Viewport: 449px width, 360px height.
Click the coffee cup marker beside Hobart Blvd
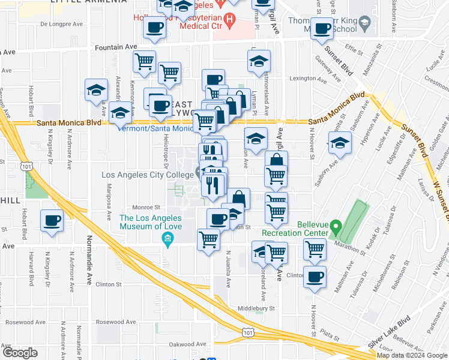click(x=52, y=221)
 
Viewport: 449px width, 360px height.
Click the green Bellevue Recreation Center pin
click(x=336, y=228)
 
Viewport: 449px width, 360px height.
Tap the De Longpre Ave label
click(x=62, y=25)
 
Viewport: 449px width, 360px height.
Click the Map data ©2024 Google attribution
click(x=412, y=355)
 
